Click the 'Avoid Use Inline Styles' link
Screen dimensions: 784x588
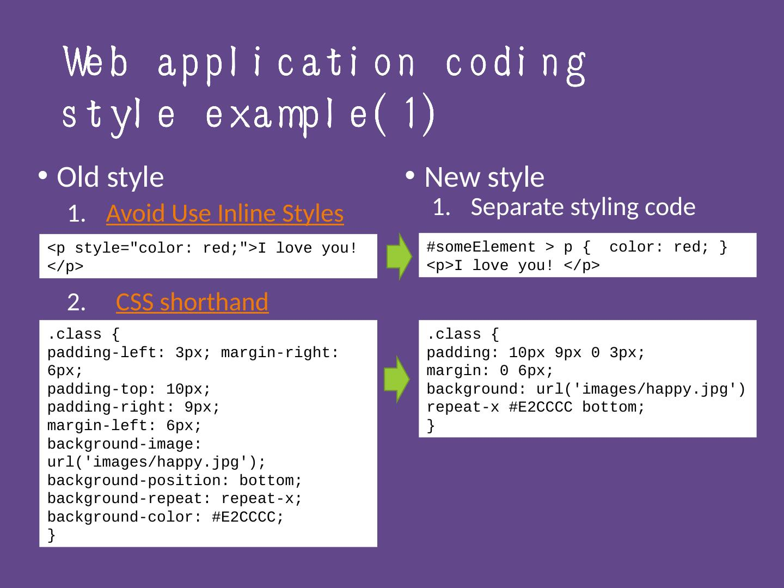pyautogui.click(x=225, y=213)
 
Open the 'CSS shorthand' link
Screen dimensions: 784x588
pyautogui.click(x=192, y=302)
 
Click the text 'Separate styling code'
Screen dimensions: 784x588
pyautogui.click(x=583, y=207)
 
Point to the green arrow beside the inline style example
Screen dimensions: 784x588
pyautogui.click(x=399, y=256)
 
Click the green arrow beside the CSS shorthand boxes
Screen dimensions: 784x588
pyautogui.click(x=397, y=379)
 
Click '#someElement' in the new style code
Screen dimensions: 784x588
pyautogui.click(x=481, y=247)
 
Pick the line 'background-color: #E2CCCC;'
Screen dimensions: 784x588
pyautogui.click(x=166, y=517)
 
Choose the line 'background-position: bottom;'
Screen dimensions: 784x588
pyautogui.click(x=174, y=481)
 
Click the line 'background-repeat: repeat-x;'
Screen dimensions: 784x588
pyautogui.click(x=174, y=499)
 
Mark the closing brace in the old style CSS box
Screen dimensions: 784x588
pyautogui.click(x=51, y=535)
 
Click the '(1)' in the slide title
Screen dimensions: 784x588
pyautogui.click(x=405, y=114)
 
